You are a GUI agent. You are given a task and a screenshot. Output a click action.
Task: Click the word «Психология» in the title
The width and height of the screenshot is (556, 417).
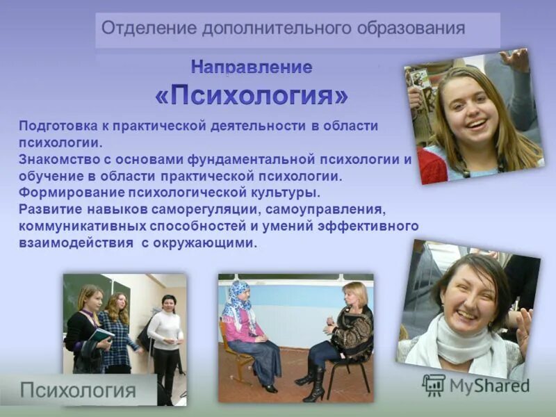(251, 95)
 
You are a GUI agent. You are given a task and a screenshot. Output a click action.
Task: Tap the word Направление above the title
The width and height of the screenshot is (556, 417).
(251, 68)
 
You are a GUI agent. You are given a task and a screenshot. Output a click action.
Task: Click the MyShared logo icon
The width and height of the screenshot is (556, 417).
(433, 384)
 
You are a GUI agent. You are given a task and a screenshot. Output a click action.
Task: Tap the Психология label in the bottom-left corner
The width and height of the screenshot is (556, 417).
(77, 390)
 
